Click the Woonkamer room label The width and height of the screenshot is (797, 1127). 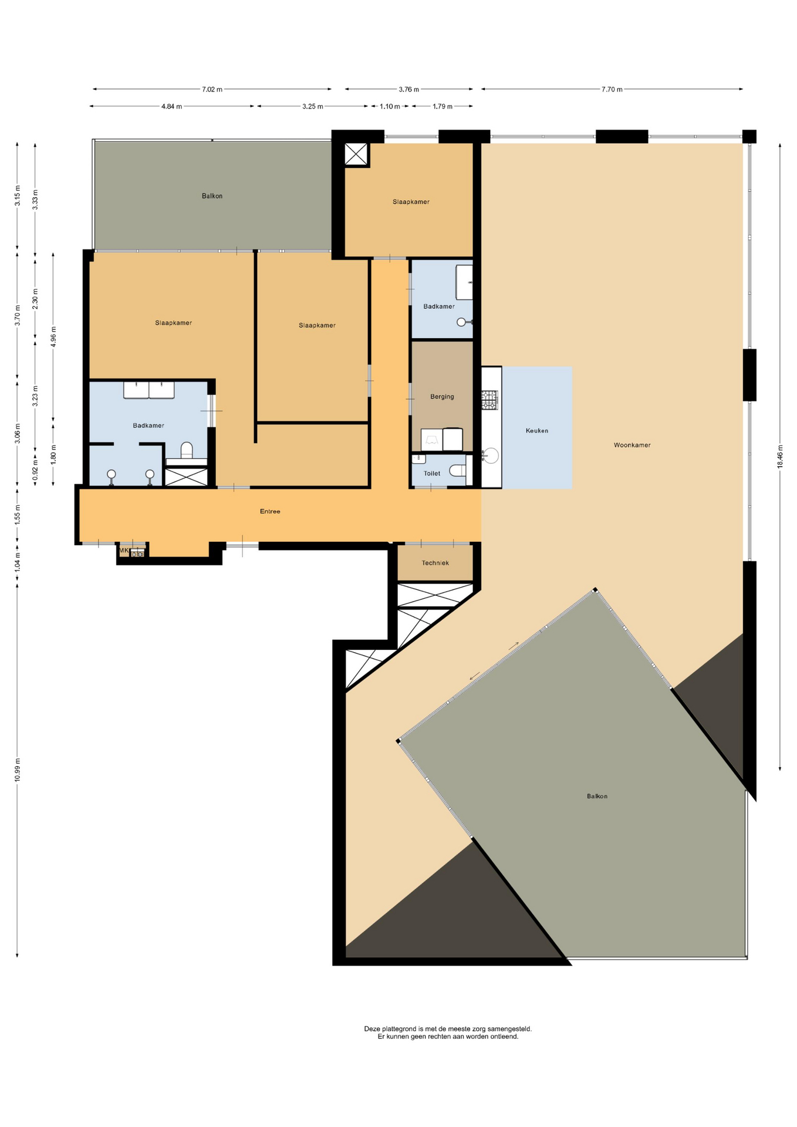[632, 445]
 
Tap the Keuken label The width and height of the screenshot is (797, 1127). [537, 431]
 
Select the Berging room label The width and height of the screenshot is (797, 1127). [442, 397]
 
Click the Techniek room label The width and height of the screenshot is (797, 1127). [435, 563]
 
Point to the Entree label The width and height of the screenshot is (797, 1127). [270, 511]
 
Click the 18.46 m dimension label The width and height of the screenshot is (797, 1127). [780, 456]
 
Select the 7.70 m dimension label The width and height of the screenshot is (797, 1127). [612, 89]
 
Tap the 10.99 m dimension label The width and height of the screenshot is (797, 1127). [17, 770]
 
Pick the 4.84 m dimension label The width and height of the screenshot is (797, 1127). [171, 106]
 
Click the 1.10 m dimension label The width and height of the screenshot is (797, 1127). [390, 106]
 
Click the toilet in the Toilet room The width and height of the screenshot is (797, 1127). [457, 470]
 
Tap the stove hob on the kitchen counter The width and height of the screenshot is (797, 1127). [489, 400]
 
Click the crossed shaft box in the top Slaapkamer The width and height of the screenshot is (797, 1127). [356, 154]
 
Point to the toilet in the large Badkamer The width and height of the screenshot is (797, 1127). [187, 450]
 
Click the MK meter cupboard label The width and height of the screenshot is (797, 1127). [124, 551]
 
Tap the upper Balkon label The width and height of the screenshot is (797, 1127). [212, 196]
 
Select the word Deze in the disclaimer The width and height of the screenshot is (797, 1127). [372, 1028]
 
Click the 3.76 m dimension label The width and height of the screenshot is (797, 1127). [408, 89]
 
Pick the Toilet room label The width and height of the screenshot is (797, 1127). [432, 473]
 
